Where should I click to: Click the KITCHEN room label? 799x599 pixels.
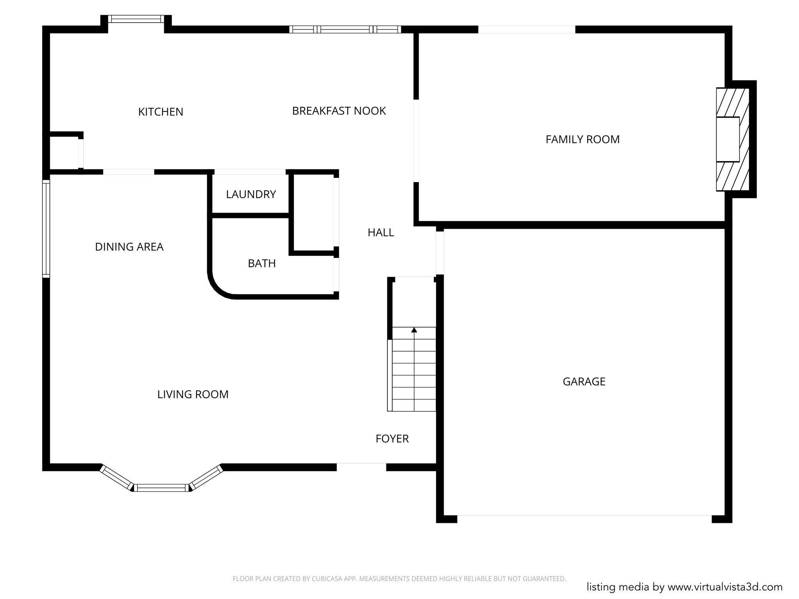(160, 112)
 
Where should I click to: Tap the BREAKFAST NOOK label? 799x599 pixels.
(339, 111)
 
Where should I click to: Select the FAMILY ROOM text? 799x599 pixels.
(582, 139)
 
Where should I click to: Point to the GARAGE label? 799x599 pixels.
(584, 381)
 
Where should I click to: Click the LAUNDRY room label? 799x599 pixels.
(251, 194)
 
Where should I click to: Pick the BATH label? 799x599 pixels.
(262, 264)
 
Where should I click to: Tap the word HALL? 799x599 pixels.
(380, 233)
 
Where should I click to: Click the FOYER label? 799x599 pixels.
(392, 439)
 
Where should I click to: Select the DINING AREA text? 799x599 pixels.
(129, 247)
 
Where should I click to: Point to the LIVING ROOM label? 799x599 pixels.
(193, 394)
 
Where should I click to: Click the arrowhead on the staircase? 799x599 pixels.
(414, 330)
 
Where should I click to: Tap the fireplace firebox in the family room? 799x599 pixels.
(728, 139)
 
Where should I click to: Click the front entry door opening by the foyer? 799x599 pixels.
(361, 467)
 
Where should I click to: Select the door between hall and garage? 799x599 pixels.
(440, 253)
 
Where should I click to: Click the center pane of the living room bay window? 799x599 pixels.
(162, 487)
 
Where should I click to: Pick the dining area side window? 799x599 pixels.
(46, 229)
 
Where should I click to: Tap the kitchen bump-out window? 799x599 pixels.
(136, 19)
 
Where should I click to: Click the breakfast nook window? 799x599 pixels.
(345, 29)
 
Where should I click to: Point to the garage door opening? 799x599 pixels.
(584, 519)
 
